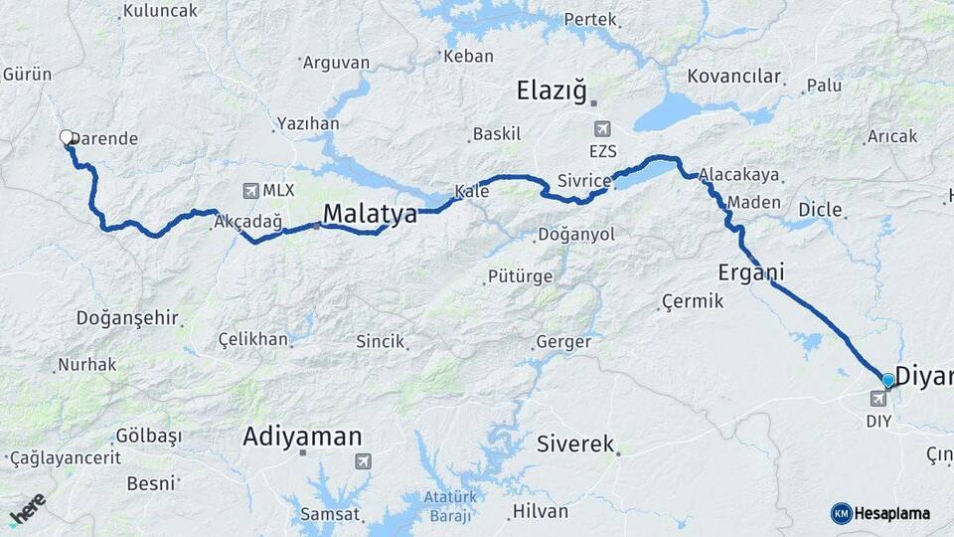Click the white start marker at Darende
point(67,137)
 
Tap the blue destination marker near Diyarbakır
point(888,380)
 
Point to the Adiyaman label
point(302,436)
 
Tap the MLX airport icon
point(249,190)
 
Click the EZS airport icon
point(601,129)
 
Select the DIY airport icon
point(878,399)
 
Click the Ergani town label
point(751,271)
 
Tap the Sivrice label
point(581,181)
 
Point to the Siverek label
point(575,444)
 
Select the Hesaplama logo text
point(892,513)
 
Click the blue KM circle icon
point(841,513)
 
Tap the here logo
point(27,509)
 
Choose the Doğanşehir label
point(127,318)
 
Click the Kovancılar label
point(733,77)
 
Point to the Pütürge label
point(519,276)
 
